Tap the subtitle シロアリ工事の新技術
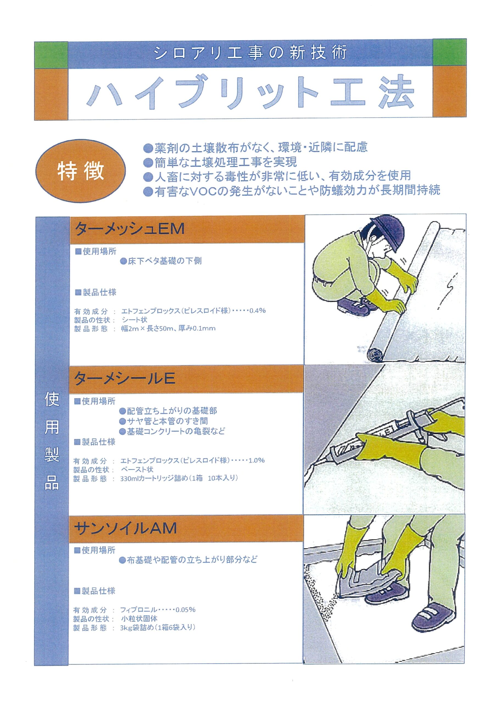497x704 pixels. point(250,53)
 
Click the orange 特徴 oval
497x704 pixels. point(80,171)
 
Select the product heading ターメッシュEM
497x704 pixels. point(130,229)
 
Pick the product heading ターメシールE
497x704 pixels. point(124,378)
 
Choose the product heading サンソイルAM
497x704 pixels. point(125,528)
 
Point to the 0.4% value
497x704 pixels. point(257,310)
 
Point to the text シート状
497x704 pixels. point(135,320)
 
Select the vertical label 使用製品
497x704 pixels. point(52,442)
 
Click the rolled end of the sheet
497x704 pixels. point(375,356)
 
